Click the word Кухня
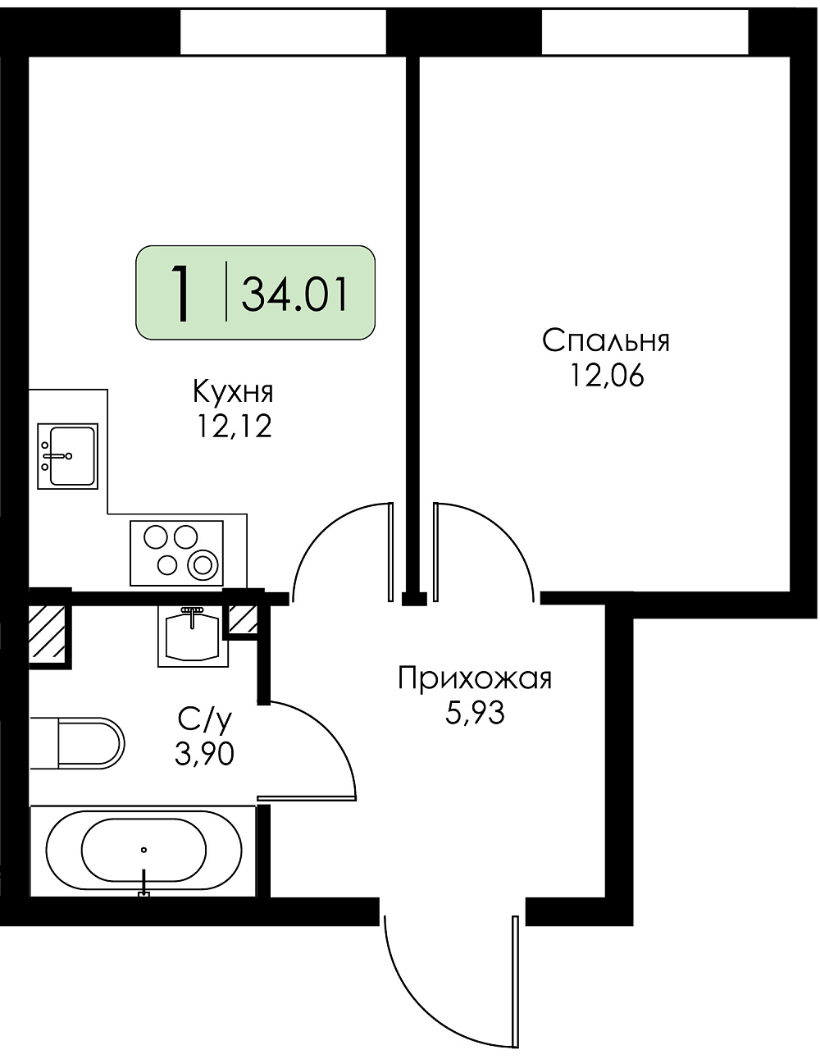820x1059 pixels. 233,393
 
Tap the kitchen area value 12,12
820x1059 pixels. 233,427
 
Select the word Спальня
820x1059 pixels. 606,341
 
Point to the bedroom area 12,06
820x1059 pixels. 607,376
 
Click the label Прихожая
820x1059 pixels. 475,679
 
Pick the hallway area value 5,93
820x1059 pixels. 475,714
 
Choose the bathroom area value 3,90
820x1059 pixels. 204,755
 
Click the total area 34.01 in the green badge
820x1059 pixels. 294,294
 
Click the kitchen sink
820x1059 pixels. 68,456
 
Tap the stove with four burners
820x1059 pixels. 177,553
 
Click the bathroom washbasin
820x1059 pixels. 194,636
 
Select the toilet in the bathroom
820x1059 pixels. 77,743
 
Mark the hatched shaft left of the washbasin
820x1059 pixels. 48,633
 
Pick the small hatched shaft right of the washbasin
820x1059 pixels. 243,619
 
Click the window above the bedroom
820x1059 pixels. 645,32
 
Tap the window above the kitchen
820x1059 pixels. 283,32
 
